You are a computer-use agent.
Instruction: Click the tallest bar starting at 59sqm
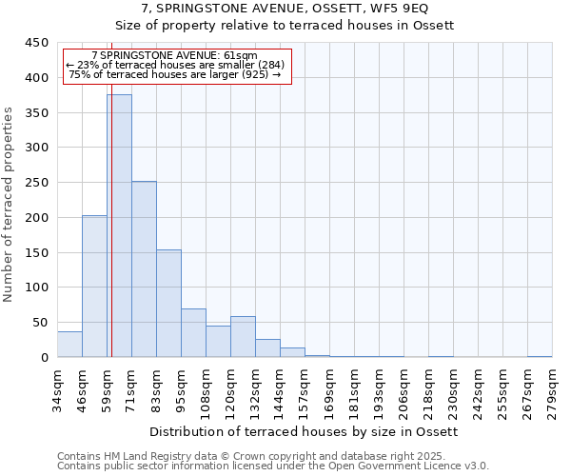pos(119,226)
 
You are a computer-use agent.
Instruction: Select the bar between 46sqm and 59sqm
pos(94,286)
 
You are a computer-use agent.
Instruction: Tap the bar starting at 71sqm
pos(144,269)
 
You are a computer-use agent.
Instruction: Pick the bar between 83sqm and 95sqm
pos(168,303)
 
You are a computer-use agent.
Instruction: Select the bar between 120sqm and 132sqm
pos(243,337)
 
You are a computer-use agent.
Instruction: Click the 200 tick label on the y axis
pos(37,218)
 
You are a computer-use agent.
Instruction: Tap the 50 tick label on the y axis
pos(41,323)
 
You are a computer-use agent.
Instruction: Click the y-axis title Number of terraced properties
pos(9,205)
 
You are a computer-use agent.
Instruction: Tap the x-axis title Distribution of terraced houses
pos(305,431)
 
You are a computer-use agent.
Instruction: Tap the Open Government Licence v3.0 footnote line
pos(273,466)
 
